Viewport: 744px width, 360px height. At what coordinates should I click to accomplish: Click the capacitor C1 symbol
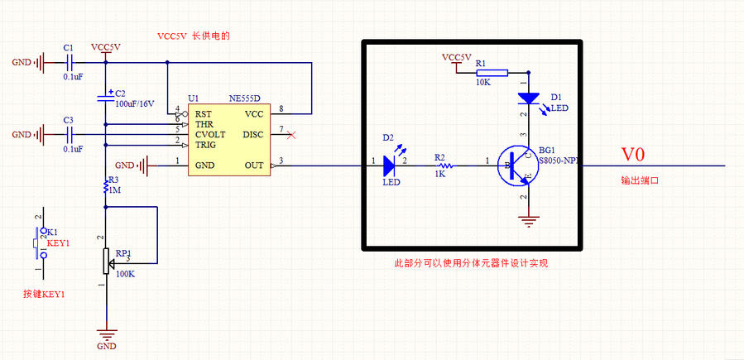coord(70,61)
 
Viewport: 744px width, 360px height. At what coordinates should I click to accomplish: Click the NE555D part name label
coord(245,98)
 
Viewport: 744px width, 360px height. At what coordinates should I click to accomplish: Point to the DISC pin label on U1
coord(253,134)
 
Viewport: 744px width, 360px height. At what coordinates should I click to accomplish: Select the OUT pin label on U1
coord(254,166)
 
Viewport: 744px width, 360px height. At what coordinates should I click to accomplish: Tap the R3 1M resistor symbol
coord(105,188)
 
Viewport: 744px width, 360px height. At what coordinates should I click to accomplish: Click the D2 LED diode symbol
coord(389,166)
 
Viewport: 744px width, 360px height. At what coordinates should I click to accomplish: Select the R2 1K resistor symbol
coord(439,166)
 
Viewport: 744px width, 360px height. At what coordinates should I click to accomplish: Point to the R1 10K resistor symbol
coord(482,71)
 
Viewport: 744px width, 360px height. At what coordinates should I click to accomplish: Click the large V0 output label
coord(633,154)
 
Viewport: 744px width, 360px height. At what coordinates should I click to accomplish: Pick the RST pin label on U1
coord(204,114)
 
